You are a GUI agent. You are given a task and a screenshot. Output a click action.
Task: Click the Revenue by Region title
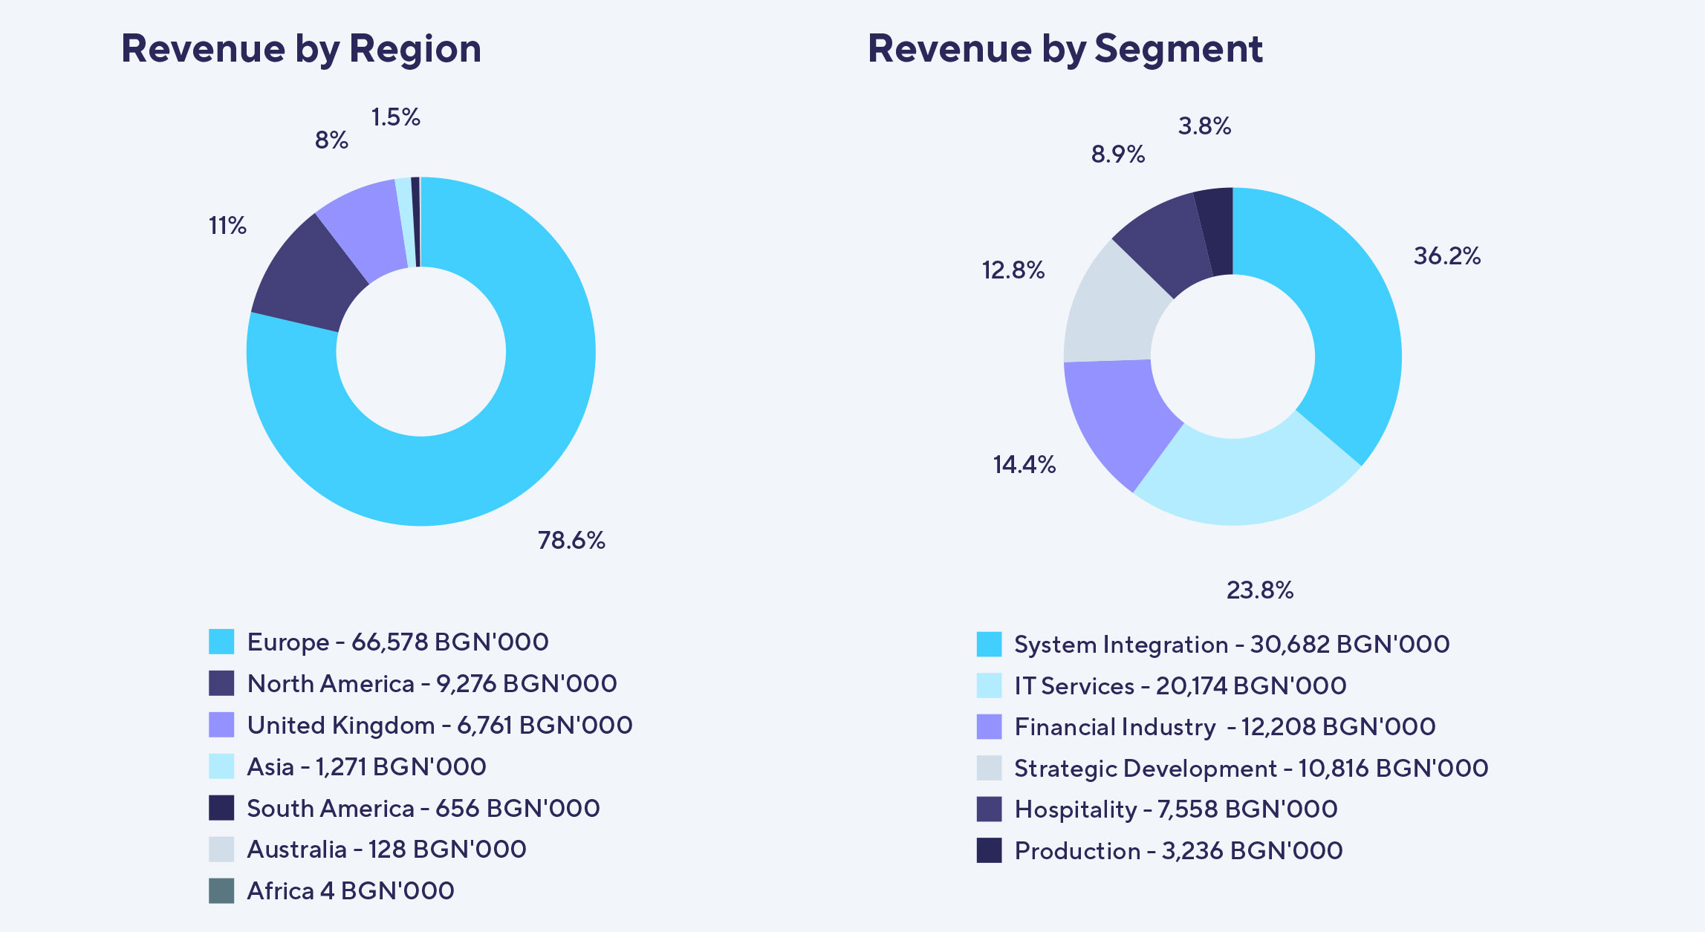click(301, 49)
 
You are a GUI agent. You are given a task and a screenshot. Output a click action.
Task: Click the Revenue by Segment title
click(1065, 49)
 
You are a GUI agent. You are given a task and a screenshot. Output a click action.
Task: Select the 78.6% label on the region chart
click(571, 540)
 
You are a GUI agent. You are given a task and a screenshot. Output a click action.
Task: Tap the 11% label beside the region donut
click(227, 226)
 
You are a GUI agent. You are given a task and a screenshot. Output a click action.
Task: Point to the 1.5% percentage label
click(395, 117)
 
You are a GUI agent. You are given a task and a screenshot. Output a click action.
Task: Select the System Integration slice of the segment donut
click(1330, 312)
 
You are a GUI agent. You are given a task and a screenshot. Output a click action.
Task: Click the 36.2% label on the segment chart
click(1446, 256)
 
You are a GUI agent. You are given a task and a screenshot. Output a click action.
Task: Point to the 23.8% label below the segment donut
click(1259, 590)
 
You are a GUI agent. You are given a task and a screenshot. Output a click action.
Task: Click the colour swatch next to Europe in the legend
click(221, 642)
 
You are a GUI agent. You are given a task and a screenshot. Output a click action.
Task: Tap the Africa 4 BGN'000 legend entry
click(350, 890)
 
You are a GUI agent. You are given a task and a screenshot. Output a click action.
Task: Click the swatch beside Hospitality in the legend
click(989, 809)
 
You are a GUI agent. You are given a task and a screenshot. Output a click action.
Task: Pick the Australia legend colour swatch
click(221, 850)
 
